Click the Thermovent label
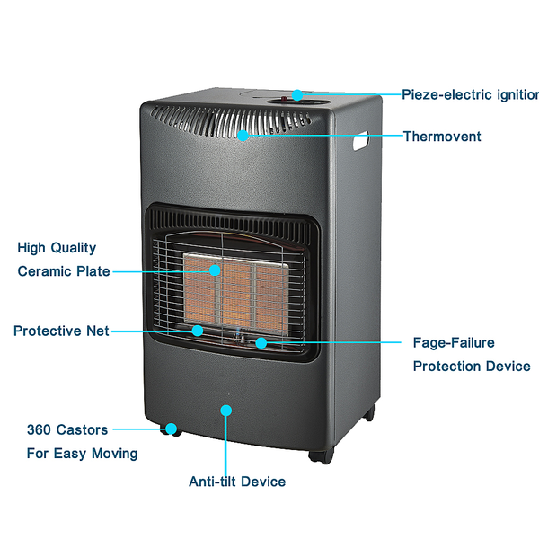tap(442, 137)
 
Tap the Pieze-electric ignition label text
tap(470, 94)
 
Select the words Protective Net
tap(61, 331)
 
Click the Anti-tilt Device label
tap(237, 482)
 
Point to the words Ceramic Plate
tap(64, 271)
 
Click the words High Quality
tap(57, 248)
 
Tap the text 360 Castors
tap(67, 429)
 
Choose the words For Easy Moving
tap(82, 454)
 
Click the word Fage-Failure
tap(454, 343)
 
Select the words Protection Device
tap(472, 367)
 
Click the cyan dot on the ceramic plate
tap(215, 270)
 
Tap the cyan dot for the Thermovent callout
tap(243, 136)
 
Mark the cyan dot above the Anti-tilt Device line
tap(225, 411)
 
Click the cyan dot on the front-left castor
tap(172, 429)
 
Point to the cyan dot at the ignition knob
tap(297, 95)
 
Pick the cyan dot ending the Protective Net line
tap(198, 331)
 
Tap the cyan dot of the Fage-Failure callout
tap(261, 343)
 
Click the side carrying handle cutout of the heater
tap(360, 141)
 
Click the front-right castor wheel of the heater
tap(321, 455)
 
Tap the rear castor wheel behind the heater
tap(369, 413)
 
